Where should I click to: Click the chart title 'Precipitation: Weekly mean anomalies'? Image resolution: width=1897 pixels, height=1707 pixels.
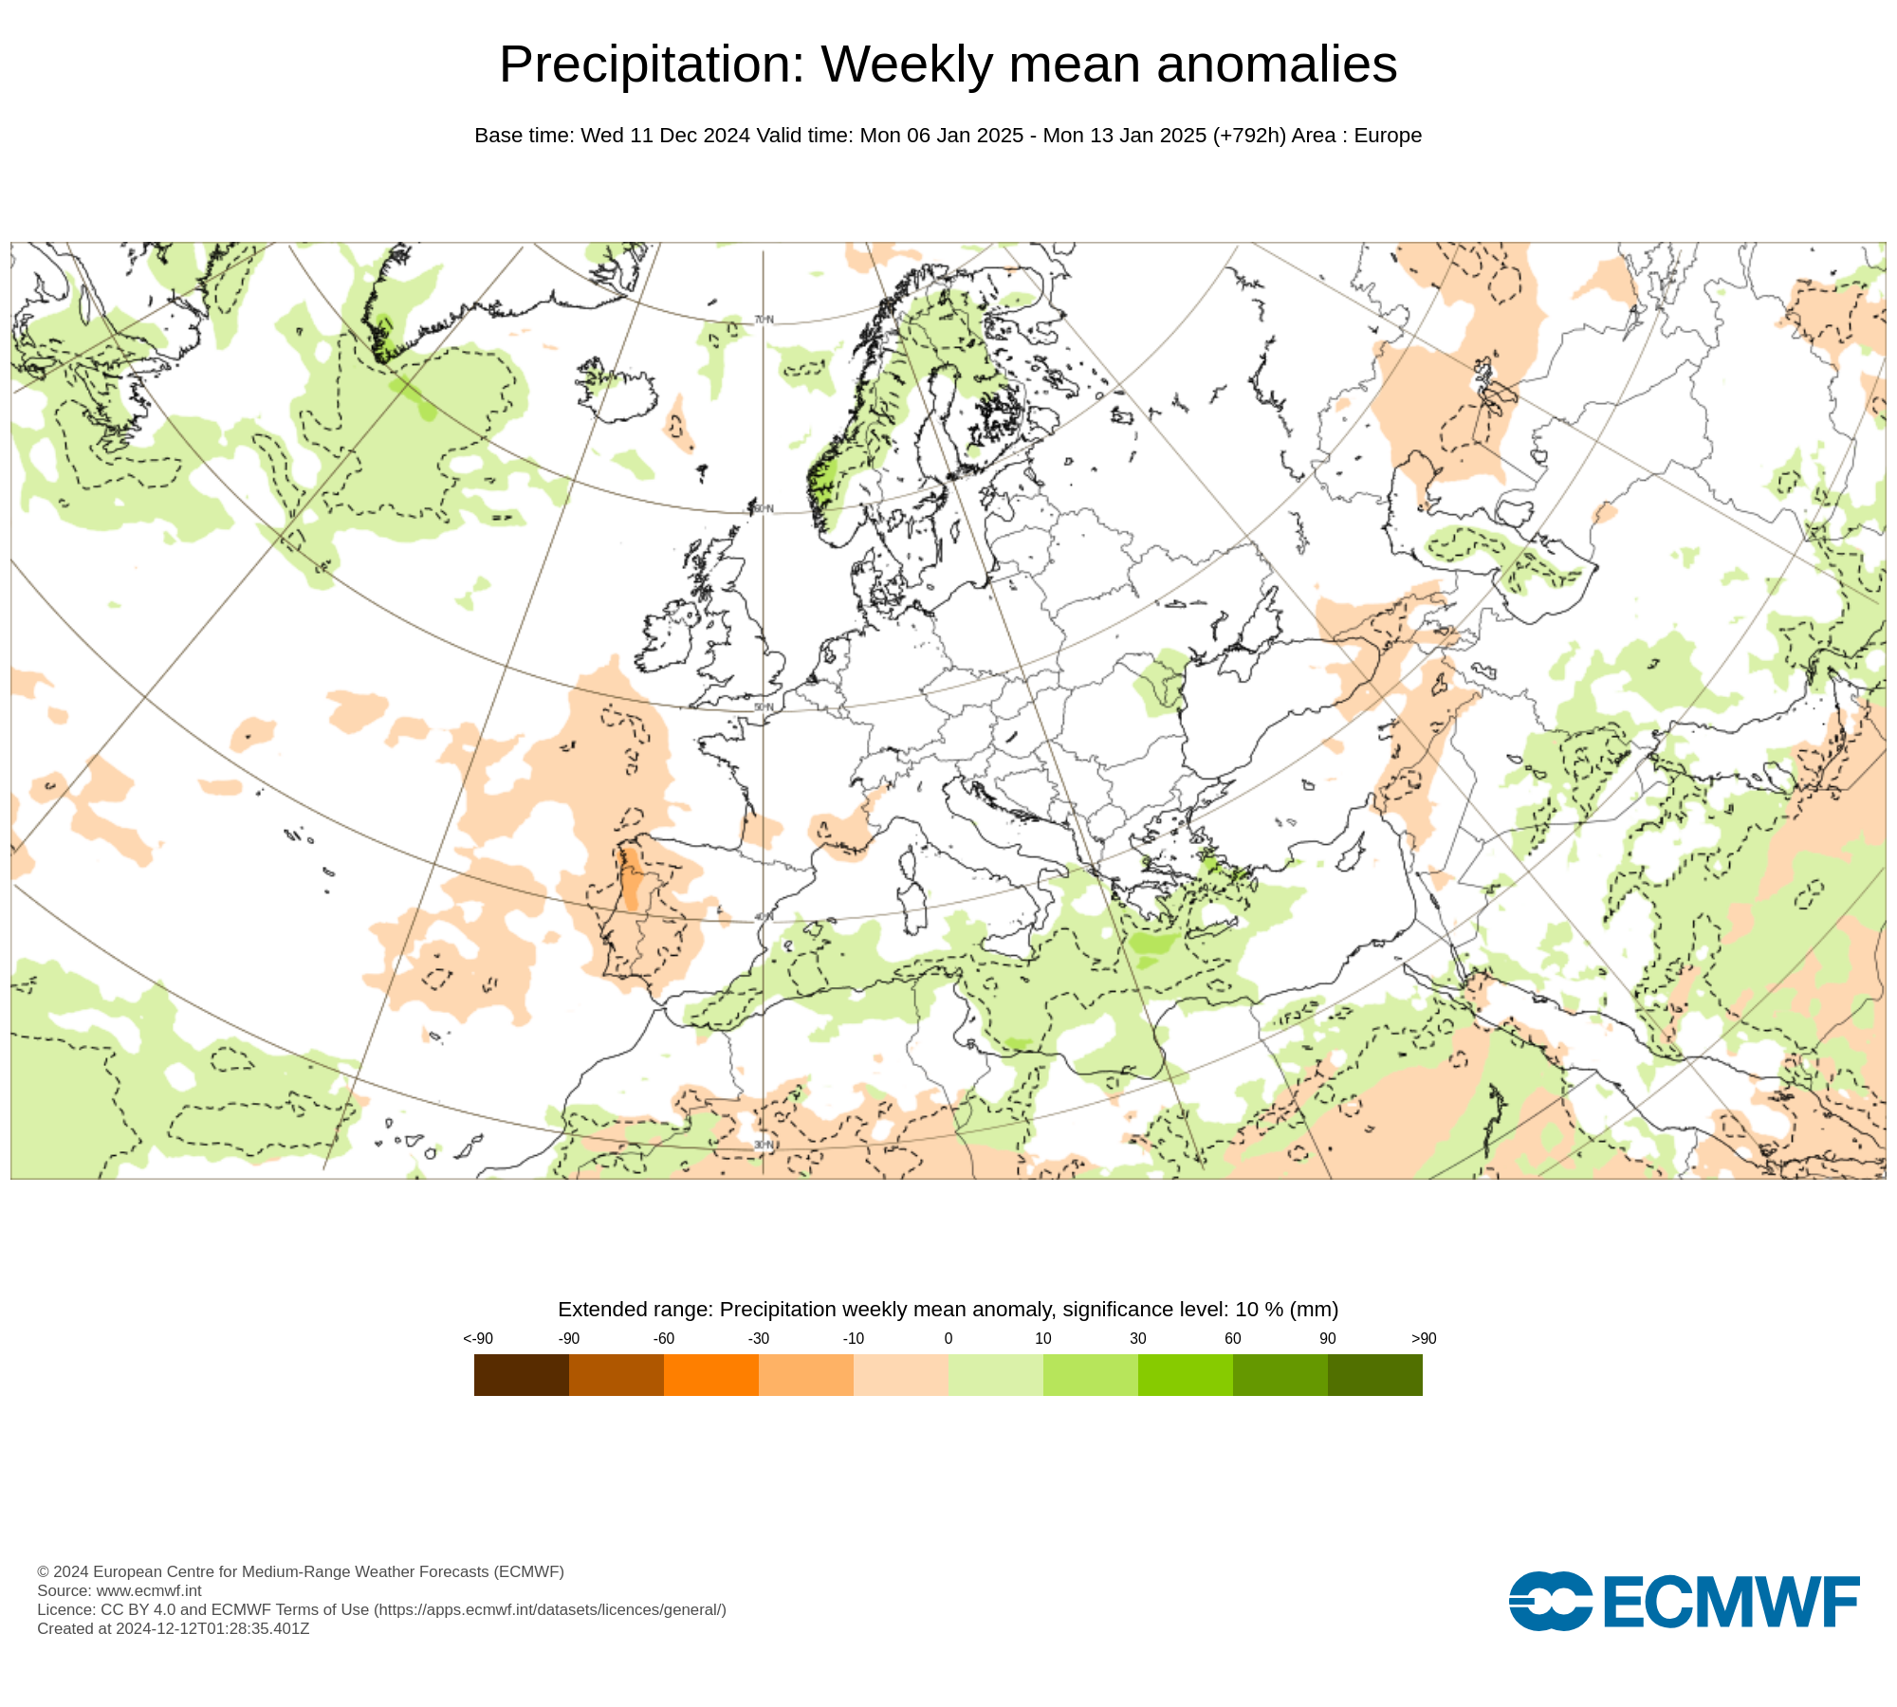click(948, 64)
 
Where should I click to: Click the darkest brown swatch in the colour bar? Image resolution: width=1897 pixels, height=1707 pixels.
click(521, 1374)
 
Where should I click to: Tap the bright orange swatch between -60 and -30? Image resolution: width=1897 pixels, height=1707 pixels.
click(710, 1374)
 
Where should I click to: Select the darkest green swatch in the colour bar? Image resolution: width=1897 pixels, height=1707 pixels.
click(1374, 1374)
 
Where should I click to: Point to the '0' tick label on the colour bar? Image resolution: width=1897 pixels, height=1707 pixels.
click(948, 1338)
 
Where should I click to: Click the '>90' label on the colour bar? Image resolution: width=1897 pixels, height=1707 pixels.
click(1423, 1338)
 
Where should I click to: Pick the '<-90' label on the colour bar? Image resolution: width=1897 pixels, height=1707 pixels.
click(478, 1338)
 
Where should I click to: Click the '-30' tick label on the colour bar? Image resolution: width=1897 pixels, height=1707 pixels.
click(758, 1338)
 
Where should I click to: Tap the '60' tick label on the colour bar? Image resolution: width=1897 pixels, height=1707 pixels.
click(1232, 1338)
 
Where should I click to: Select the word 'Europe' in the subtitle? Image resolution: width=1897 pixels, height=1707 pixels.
click(1388, 136)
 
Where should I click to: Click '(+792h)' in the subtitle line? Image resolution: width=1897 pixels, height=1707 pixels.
click(1249, 136)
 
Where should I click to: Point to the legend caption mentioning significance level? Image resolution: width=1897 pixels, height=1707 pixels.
click(948, 1310)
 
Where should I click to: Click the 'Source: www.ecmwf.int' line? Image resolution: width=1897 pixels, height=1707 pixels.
click(120, 1590)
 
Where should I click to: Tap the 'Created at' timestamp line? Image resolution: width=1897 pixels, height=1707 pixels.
click(174, 1628)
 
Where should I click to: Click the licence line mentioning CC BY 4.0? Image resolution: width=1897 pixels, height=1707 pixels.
click(381, 1609)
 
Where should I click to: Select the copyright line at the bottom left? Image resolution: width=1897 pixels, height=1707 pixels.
click(301, 1571)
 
